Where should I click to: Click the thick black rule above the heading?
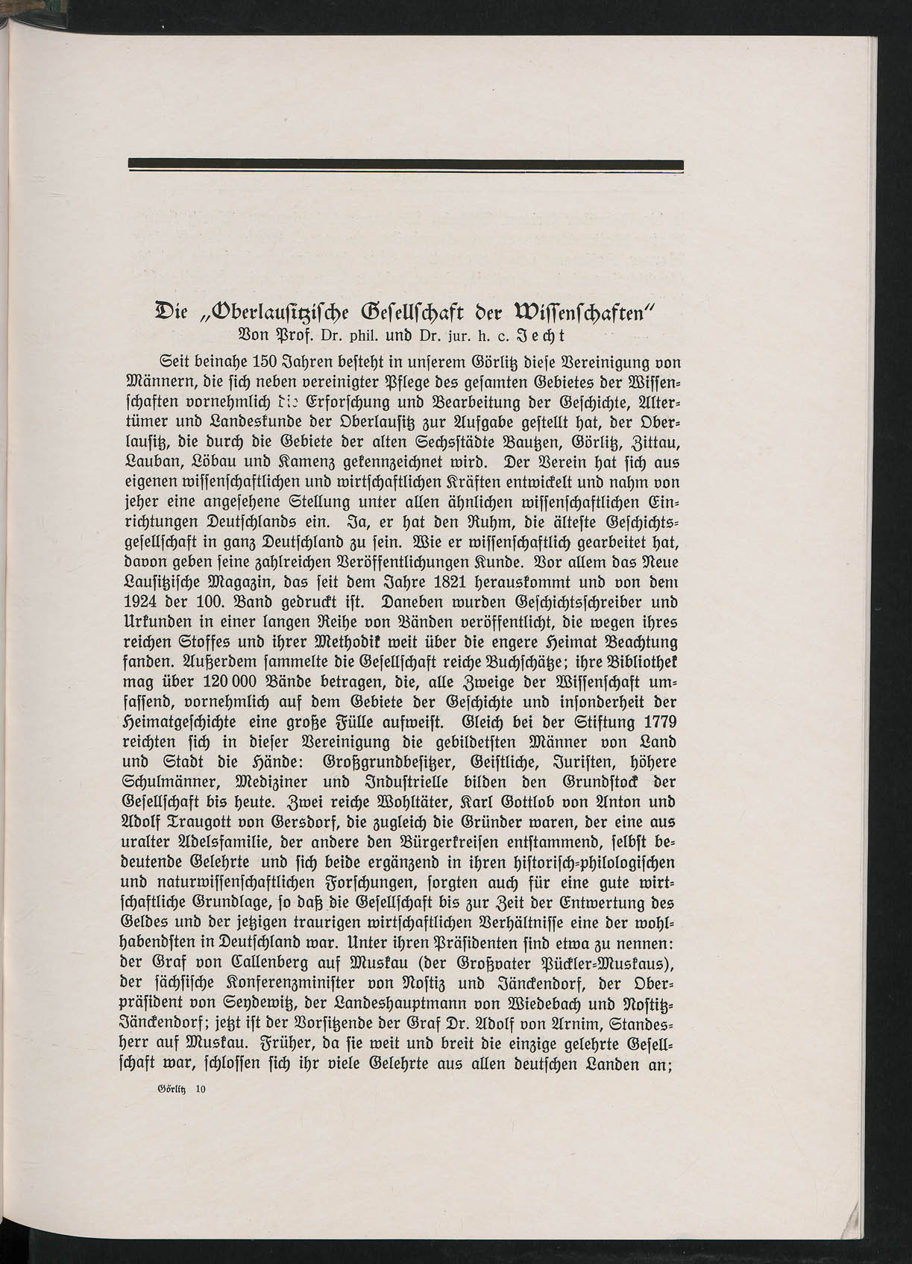click(x=406, y=165)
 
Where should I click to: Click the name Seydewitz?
click(x=246, y=1004)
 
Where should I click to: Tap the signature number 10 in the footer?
click(x=200, y=1090)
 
